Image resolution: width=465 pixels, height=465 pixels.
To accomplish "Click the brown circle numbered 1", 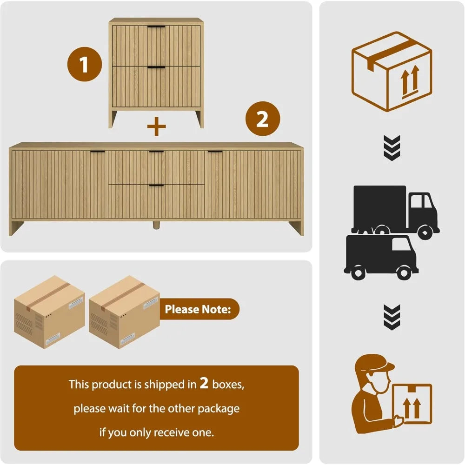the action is (85, 64).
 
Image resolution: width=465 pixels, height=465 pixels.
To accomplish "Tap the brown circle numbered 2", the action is (263, 119).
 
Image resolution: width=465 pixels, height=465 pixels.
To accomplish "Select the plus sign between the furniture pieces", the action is (156, 126).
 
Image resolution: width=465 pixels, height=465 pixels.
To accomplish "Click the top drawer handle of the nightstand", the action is (156, 27).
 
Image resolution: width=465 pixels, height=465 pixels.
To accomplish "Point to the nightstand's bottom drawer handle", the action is (156, 67).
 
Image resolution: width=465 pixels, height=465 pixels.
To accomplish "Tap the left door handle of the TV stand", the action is (98, 152).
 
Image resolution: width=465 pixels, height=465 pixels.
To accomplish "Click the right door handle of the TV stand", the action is (215, 152).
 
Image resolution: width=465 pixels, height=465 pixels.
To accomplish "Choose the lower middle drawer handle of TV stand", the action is (156, 186).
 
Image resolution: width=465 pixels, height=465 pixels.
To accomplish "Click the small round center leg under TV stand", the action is (156, 225).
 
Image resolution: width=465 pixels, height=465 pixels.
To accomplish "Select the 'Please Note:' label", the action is (198, 309).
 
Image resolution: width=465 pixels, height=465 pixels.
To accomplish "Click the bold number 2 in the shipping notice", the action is (204, 383).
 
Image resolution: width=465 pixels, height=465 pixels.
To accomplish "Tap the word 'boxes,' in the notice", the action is (228, 385).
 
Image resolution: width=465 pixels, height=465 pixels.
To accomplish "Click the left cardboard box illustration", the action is (50, 312).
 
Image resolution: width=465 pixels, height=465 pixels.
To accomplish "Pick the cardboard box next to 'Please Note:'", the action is (124, 312).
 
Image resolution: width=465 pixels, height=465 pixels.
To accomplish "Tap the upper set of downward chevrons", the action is (392, 148).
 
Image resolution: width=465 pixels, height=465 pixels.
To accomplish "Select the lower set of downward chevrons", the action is (392, 317).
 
